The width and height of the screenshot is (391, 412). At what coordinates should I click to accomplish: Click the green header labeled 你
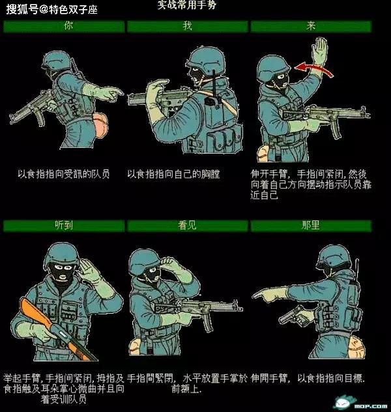[x=64, y=26]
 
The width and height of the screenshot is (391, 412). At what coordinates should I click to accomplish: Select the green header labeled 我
[x=188, y=26]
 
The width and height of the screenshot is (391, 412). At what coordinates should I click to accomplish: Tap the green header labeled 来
[x=311, y=26]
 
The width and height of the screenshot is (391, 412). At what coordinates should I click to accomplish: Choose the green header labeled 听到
[x=64, y=225]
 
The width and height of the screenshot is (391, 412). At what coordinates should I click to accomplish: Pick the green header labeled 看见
[x=188, y=225]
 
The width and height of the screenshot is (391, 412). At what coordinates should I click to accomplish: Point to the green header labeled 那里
[x=311, y=225]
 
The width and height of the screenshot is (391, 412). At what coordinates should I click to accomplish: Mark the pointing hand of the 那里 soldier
[x=266, y=295]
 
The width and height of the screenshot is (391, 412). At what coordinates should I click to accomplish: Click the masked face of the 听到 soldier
[x=63, y=274]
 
